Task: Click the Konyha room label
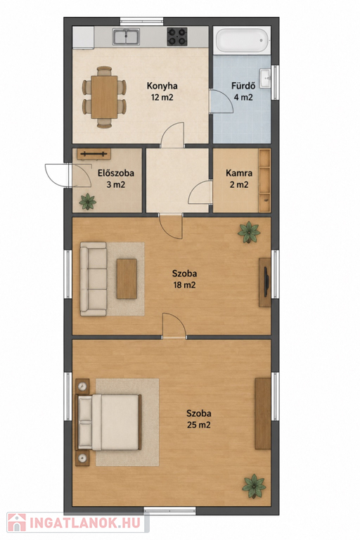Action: [162, 86]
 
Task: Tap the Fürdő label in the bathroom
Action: [243, 85]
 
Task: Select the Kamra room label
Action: [239, 173]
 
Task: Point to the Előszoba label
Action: [116, 173]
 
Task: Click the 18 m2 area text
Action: [185, 285]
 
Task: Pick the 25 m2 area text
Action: [199, 425]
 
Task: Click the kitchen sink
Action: [126, 37]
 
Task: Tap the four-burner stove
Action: [177, 37]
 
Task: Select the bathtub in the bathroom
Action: [242, 41]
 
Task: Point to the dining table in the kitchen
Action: [104, 97]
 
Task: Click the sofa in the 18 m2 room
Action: [94, 279]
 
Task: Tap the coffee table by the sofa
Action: [127, 279]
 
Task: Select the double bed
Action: [108, 422]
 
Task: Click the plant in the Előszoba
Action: [87, 202]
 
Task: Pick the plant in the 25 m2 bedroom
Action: [254, 487]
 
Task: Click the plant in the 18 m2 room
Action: [249, 233]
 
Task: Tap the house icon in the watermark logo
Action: [17, 522]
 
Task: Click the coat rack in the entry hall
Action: [94, 154]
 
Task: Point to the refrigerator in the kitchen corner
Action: [83, 37]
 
